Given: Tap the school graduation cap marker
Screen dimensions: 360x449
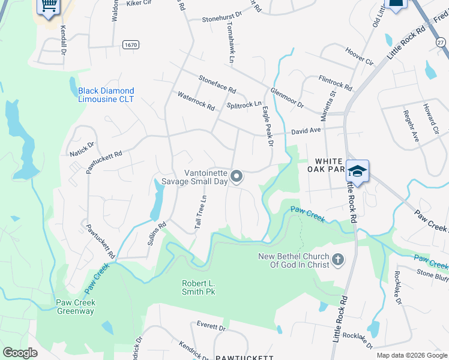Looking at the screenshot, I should tap(357, 171).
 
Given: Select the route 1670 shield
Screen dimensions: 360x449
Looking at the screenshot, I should tap(130, 45).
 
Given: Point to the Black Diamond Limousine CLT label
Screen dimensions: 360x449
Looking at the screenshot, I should tap(106, 95).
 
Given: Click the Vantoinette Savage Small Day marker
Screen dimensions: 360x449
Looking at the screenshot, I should tap(237, 176).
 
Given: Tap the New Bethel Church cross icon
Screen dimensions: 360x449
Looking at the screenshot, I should tap(338, 260).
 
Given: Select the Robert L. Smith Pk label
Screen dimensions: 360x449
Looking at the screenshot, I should tap(199, 287).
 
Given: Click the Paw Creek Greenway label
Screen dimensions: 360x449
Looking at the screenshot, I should tap(76, 307).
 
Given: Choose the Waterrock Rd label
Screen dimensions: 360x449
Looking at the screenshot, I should tap(196, 101).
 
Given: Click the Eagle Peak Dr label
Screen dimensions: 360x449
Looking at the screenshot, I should tap(267, 127).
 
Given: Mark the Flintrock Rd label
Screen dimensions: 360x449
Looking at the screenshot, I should tap(336, 83).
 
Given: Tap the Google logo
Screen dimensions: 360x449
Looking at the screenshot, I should tap(20, 353).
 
